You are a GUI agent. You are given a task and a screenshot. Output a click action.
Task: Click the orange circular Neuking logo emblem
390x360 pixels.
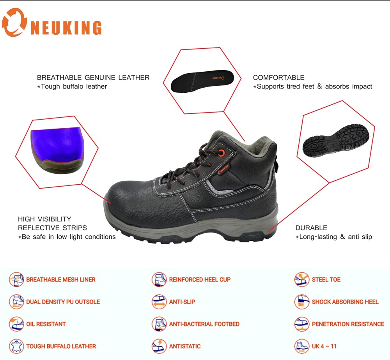(x=14, y=23)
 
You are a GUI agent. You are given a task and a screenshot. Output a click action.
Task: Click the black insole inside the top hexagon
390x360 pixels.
(x=202, y=81)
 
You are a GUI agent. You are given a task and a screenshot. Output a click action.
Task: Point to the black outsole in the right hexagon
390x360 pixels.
(x=335, y=141)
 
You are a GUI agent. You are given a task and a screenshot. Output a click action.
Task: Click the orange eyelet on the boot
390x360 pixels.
(x=221, y=153)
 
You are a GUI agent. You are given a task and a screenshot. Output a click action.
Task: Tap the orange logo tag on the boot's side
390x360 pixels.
(x=223, y=170)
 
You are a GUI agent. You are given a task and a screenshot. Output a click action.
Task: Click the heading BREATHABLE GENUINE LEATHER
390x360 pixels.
(x=93, y=78)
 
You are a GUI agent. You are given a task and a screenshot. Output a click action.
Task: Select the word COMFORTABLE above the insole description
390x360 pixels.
(x=278, y=78)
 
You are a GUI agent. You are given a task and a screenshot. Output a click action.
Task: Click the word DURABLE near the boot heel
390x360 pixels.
(x=311, y=228)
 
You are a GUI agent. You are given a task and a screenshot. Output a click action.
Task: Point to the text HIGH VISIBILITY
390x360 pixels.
(x=44, y=219)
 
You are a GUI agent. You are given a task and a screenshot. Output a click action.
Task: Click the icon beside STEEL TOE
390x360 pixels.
(x=302, y=279)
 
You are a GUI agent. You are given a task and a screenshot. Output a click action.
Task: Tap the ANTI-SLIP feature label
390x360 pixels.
(x=182, y=302)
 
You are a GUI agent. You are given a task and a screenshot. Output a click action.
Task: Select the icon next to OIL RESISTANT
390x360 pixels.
(x=16, y=324)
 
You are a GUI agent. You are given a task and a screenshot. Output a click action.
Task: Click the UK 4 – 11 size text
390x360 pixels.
(x=324, y=346)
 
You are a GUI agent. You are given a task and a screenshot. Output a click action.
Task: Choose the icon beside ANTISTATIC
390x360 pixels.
(x=159, y=346)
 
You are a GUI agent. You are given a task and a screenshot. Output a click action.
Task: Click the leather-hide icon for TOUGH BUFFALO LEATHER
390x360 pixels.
(x=16, y=346)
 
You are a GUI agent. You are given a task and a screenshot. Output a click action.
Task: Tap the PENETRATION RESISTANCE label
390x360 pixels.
(x=348, y=324)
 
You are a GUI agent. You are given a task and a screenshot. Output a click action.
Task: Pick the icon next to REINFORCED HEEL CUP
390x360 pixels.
(x=159, y=279)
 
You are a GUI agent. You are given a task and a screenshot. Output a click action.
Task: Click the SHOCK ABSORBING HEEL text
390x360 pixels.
(x=345, y=302)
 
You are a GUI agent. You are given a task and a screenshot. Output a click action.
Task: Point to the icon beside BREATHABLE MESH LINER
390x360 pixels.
(x=16, y=279)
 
